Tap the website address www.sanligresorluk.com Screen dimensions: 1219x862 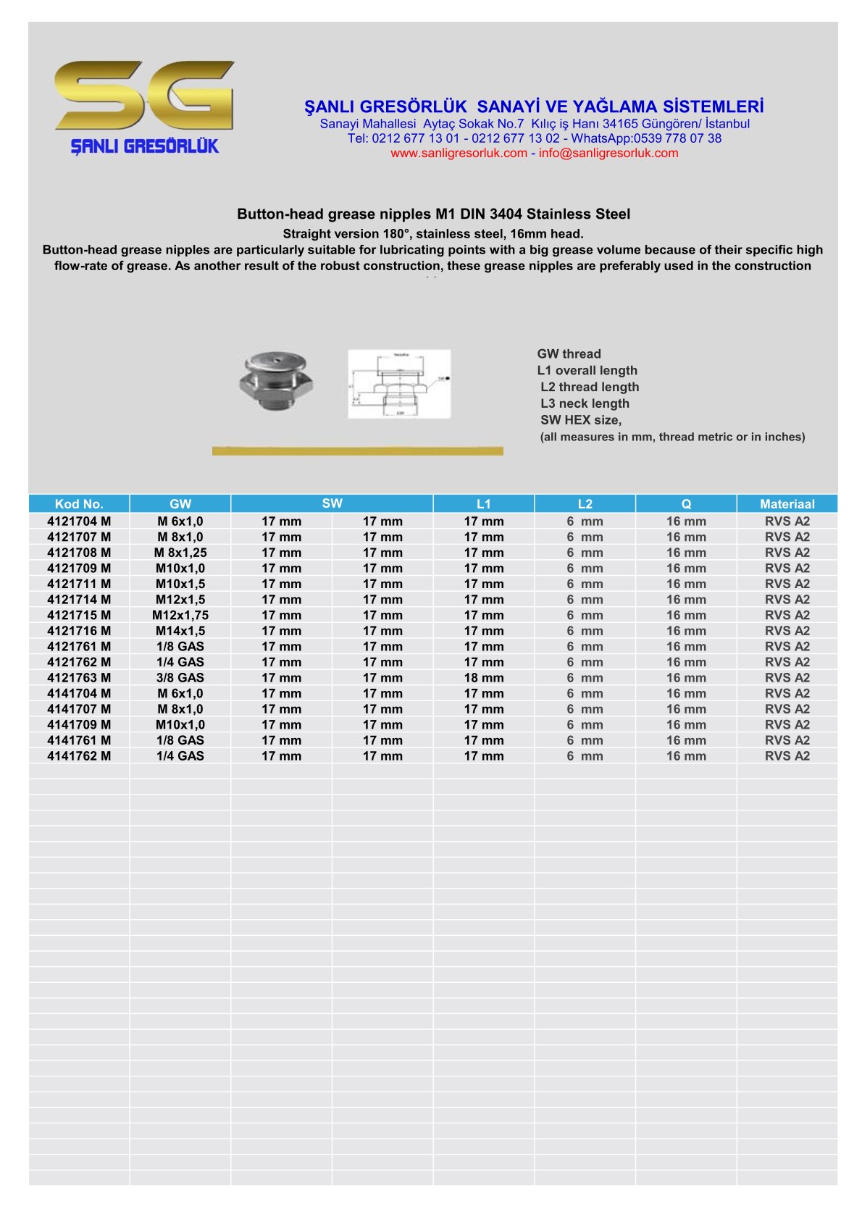tap(459, 154)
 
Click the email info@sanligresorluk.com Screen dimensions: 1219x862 tap(608, 154)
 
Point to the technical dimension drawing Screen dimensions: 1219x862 tap(399, 384)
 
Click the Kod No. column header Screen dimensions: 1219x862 tap(79, 504)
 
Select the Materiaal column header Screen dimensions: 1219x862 tap(787, 504)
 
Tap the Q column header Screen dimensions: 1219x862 tap(686, 504)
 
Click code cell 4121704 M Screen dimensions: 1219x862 tap(79, 521)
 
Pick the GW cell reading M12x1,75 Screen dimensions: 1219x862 tap(180, 616)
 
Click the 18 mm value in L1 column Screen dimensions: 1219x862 tap(484, 678)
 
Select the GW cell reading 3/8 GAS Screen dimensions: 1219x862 tap(180, 678)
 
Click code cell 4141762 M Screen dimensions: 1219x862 tap(79, 756)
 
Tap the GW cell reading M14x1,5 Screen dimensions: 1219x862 tap(180, 631)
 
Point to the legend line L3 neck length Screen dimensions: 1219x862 tap(585, 403)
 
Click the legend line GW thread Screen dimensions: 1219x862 tap(569, 354)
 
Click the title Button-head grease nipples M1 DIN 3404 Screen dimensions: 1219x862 tap(433, 214)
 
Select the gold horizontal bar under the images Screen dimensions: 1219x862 tap(357, 451)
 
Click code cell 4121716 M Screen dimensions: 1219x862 tap(79, 631)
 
